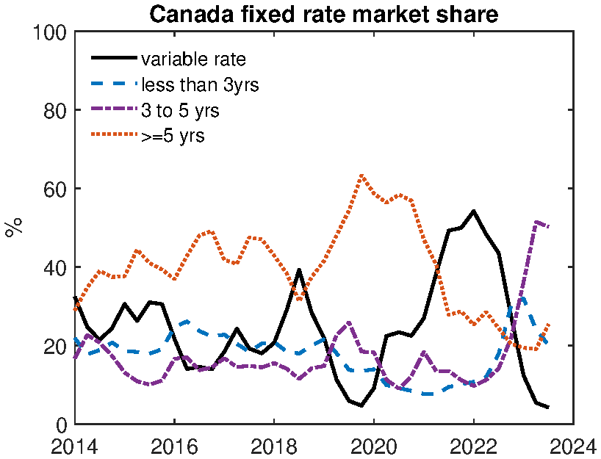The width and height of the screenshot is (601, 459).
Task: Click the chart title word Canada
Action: (188, 14)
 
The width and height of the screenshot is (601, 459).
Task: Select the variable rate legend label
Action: (192, 58)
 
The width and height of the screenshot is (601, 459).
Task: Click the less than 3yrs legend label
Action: (200, 84)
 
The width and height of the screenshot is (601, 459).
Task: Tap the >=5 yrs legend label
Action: (173, 136)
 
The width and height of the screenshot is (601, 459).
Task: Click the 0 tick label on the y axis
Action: (61, 424)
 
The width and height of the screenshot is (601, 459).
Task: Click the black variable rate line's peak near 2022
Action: (473, 212)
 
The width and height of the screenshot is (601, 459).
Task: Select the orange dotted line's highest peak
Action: (361, 176)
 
